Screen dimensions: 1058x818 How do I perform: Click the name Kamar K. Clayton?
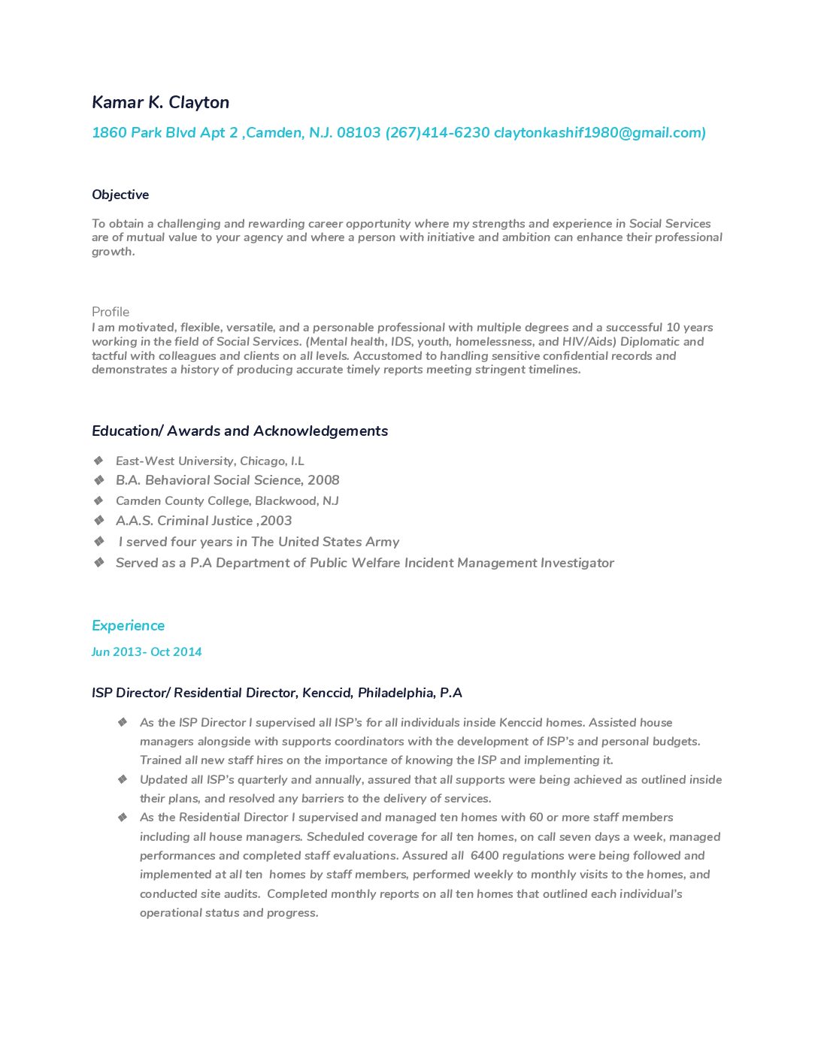click(160, 102)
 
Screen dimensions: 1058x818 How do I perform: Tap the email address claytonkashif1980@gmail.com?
click(599, 133)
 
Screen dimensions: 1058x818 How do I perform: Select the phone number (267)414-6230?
click(438, 133)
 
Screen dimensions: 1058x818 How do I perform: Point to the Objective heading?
click(120, 195)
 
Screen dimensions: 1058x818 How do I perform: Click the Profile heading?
click(111, 312)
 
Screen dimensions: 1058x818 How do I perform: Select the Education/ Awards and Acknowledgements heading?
click(240, 431)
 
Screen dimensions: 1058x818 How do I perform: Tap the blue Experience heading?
click(128, 626)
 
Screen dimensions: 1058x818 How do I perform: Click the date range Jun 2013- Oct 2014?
click(147, 652)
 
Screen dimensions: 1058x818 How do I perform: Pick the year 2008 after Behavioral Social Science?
click(323, 480)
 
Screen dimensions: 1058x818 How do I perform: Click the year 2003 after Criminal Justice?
click(276, 521)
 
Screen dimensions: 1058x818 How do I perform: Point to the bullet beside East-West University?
click(98, 461)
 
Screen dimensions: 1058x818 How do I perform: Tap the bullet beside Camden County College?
click(98, 500)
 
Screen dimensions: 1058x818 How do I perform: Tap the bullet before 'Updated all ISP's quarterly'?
click(123, 779)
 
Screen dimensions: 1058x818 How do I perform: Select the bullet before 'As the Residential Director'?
click(123, 817)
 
